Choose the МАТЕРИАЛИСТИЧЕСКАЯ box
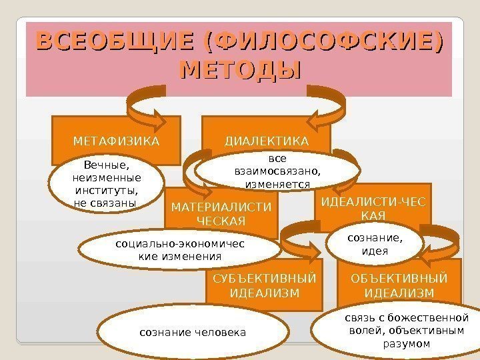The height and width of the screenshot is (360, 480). tap(221, 213)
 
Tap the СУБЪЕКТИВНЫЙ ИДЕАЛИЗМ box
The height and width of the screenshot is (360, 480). tap(264, 285)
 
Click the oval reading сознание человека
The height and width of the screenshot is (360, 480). tap(192, 332)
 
